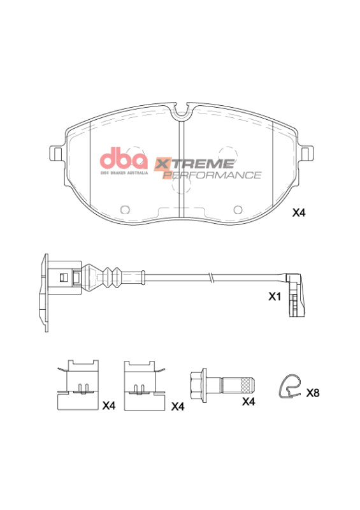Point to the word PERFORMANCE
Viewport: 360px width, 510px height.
tap(212, 175)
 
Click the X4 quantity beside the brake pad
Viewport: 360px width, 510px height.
tap(299, 214)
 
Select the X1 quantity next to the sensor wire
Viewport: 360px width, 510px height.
tap(274, 297)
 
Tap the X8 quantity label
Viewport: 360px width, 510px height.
tap(312, 393)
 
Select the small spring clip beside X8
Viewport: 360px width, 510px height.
tap(290, 386)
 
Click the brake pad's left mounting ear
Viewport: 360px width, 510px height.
tap(55, 154)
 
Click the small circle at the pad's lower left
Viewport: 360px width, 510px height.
tap(125, 209)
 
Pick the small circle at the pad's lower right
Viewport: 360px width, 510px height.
tap(238, 209)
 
